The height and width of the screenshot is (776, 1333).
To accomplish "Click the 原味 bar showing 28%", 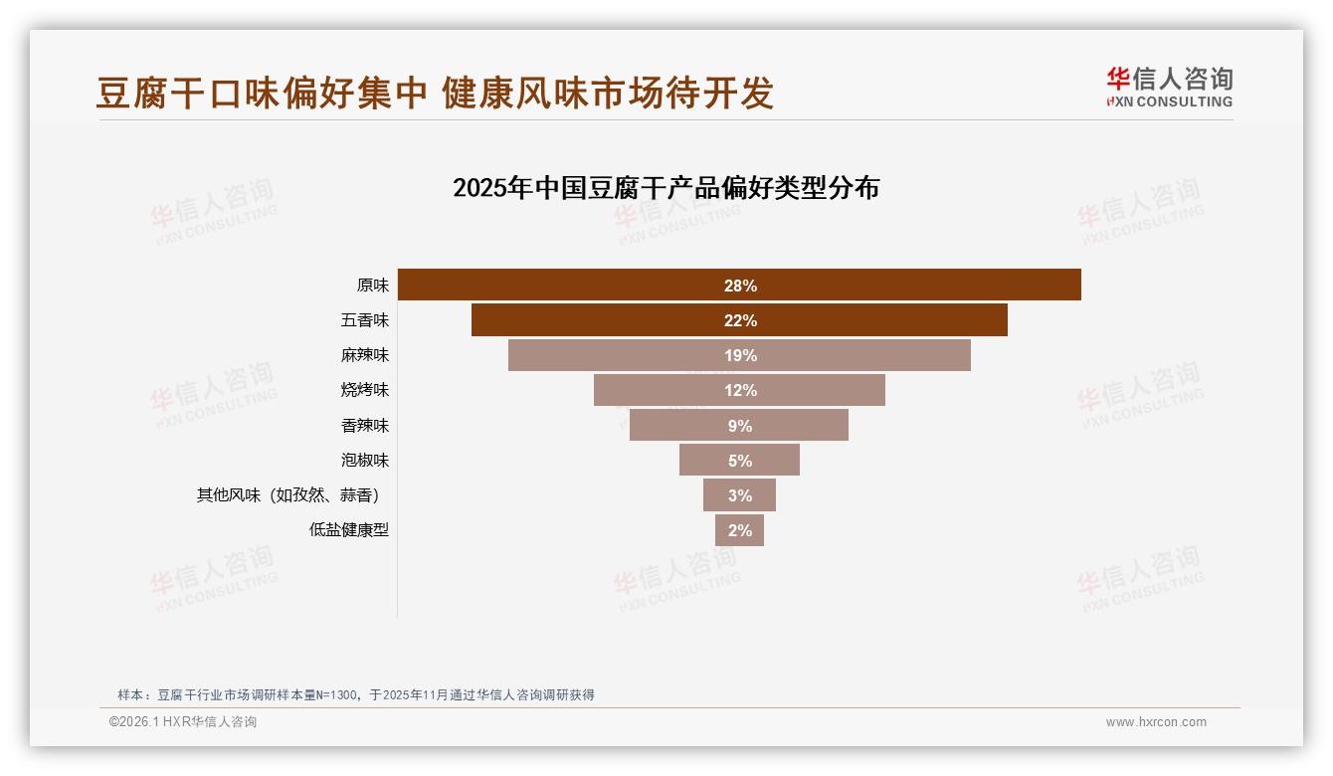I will (739, 286).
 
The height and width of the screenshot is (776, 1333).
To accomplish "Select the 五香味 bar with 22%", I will (739, 320).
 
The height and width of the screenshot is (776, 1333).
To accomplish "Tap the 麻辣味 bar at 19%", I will (739, 355).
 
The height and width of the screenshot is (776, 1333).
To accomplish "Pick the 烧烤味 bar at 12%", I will (739, 390).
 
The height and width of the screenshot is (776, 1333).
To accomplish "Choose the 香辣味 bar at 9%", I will (739, 425).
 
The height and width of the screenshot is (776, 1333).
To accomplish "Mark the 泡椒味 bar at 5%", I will (739, 460).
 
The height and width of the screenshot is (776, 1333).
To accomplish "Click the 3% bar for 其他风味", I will (739, 494).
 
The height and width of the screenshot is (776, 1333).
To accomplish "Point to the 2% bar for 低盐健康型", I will (739, 530).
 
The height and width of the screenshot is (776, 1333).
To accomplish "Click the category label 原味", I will (373, 286).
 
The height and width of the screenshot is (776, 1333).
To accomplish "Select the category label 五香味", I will (365, 320).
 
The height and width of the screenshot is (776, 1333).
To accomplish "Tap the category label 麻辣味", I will (365, 355).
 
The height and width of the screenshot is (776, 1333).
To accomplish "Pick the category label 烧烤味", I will (365, 390).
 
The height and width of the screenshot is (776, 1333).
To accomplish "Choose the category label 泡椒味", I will (365, 460).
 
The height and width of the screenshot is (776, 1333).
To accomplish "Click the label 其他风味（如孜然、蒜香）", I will (292, 494).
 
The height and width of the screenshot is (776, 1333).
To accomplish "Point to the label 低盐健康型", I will (349, 530).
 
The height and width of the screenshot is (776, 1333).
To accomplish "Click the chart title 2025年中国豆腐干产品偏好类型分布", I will (666, 188).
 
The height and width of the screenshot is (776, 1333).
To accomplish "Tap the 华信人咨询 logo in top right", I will (1169, 87).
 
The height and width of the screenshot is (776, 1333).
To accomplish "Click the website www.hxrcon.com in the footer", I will (1156, 722).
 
